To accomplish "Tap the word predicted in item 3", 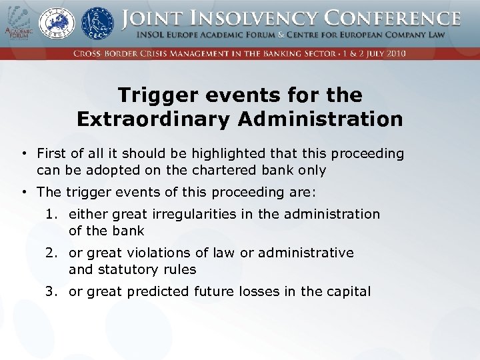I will (x=158, y=291).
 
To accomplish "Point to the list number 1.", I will (x=51, y=214).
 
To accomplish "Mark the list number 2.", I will (x=51, y=253).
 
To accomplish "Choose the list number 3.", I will (x=51, y=291).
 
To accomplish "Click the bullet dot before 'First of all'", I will (x=23, y=154).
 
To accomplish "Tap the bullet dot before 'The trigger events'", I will (x=23, y=193).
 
